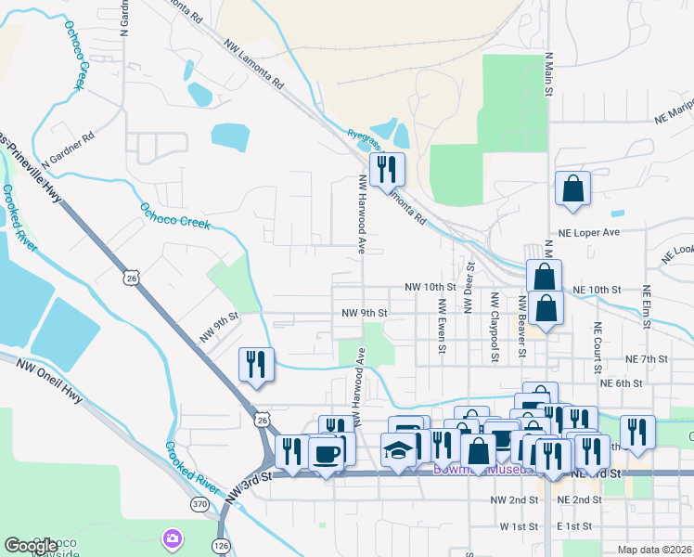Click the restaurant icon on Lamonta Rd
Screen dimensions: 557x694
pyautogui.click(x=386, y=170)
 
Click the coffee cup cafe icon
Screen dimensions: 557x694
pyautogui.click(x=326, y=454)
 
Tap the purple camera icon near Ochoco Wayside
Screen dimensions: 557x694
pyautogui.click(x=172, y=538)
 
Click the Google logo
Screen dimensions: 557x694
pyautogui.click(x=31, y=546)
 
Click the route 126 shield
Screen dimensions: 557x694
pyautogui.click(x=221, y=545)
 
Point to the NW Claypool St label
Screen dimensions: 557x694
pyautogui.click(x=495, y=326)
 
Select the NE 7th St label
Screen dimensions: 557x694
pyautogui.click(x=647, y=359)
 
